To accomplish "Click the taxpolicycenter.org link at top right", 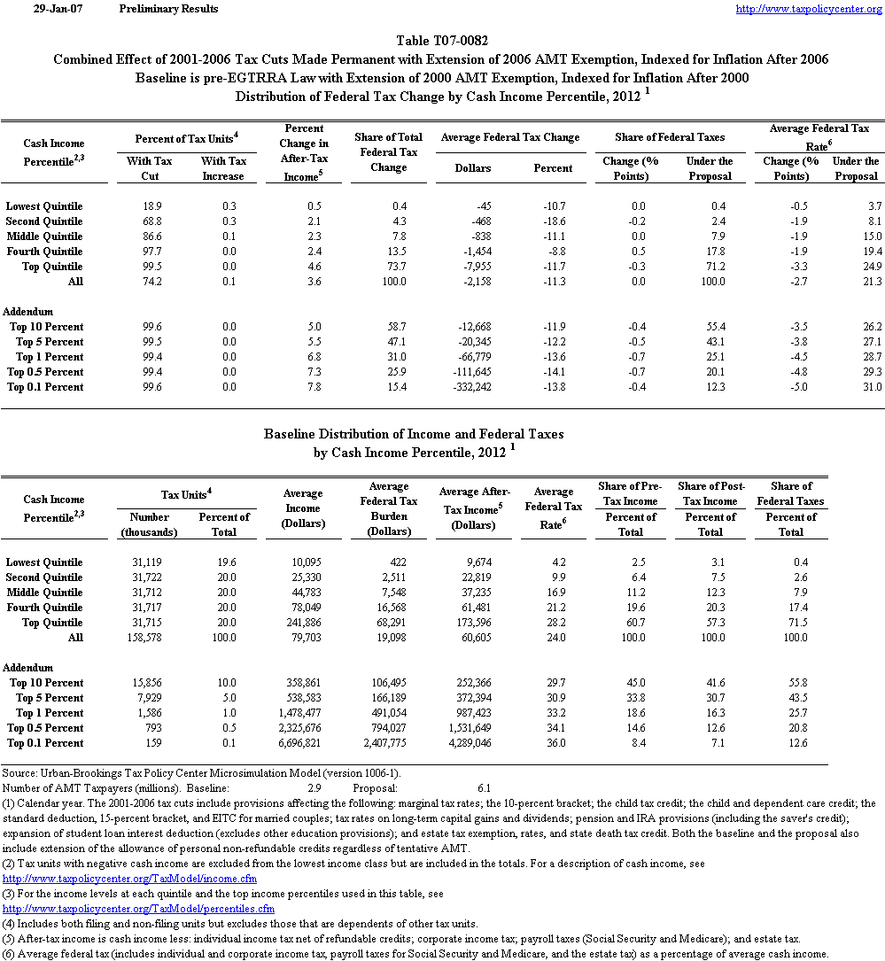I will point(809,9).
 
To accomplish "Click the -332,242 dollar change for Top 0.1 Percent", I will point(464,387).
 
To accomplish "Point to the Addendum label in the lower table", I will point(28,668).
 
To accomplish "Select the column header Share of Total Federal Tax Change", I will point(389,152).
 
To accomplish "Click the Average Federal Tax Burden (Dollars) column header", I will point(389,509).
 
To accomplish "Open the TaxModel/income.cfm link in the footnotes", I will point(130,879).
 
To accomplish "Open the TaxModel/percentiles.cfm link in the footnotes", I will point(139,909).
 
